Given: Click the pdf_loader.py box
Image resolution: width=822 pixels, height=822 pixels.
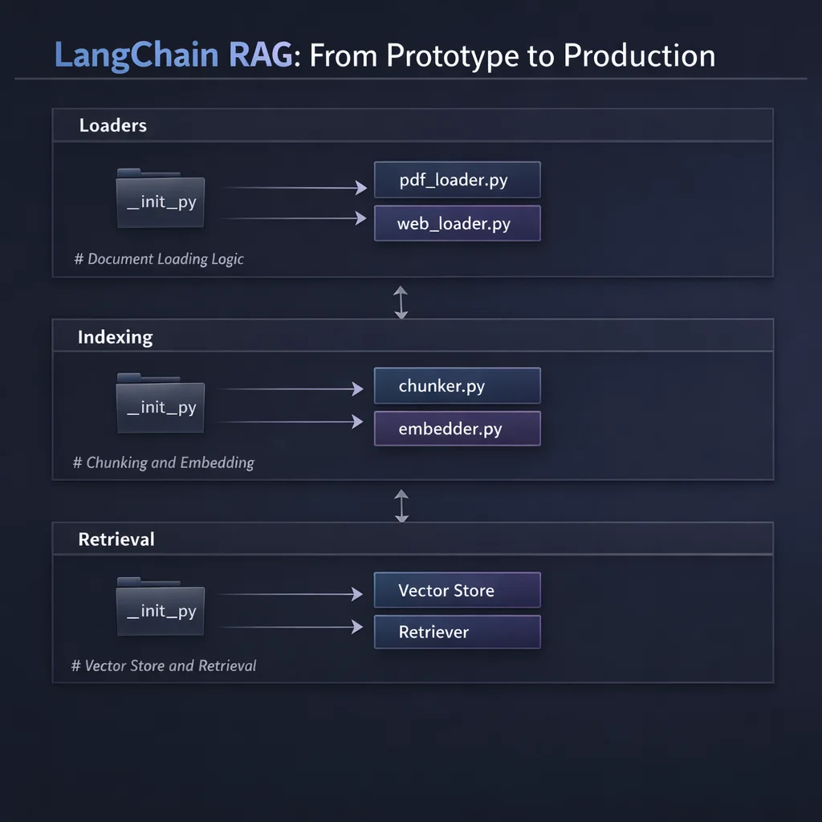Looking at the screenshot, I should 457,180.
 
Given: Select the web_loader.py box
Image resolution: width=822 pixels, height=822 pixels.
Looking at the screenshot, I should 457,223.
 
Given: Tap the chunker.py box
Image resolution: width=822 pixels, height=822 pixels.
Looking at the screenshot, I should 457,386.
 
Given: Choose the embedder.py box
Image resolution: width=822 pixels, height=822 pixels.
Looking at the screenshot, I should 457,429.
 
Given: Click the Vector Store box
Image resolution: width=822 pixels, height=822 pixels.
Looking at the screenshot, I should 457,591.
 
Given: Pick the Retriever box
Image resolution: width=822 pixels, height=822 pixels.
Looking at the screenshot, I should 457,632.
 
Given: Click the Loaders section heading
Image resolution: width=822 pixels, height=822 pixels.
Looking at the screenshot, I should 113,125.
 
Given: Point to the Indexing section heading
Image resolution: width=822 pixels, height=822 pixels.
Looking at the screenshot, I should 115,337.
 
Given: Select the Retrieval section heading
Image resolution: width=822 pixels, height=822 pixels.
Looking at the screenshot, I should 116,539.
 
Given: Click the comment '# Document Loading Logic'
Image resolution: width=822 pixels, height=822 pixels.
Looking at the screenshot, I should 159,259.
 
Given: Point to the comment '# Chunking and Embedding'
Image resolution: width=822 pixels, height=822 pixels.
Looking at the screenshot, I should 164,463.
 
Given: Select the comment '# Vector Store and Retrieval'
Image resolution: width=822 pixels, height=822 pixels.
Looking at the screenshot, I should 164,665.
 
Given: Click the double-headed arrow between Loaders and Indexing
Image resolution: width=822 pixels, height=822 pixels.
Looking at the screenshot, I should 401,303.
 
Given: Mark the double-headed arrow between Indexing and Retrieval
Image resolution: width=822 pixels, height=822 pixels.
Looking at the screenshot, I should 401,506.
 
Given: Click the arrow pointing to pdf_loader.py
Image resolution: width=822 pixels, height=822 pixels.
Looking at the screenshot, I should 293,188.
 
